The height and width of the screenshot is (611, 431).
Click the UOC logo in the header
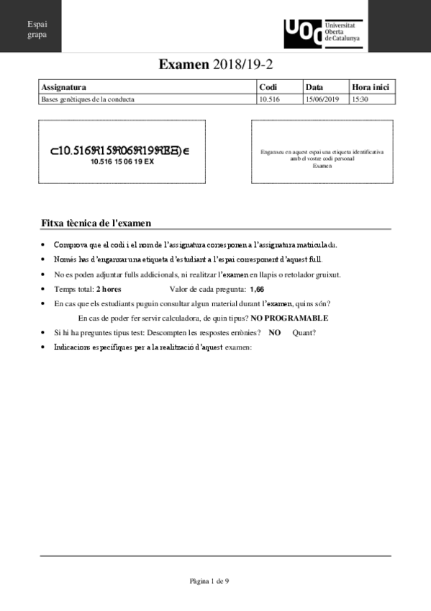[x=303, y=32]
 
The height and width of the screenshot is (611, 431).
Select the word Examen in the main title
[x=184, y=65]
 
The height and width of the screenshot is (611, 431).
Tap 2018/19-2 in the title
[x=242, y=65]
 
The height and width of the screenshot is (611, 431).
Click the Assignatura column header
[x=64, y=87]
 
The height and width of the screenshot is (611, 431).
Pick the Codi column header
[x=268, y=87]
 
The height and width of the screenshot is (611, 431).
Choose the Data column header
[x=314, y=87]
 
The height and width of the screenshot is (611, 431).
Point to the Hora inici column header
[x=371, y=87]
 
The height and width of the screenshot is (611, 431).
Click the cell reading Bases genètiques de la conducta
[x=88, y=99]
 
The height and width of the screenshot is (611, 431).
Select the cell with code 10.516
[x=268, y=99]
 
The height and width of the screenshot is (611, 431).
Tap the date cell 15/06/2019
[x=322, y=99]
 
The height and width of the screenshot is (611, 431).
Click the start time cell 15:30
[x=360, y=99]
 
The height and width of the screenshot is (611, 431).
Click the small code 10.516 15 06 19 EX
[x=122, y=162]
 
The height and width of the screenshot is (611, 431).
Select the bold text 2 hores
[x=109, y=289]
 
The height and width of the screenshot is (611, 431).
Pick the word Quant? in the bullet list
[x=304, y=332]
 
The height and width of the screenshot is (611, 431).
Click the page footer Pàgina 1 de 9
[x=209, y=580]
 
